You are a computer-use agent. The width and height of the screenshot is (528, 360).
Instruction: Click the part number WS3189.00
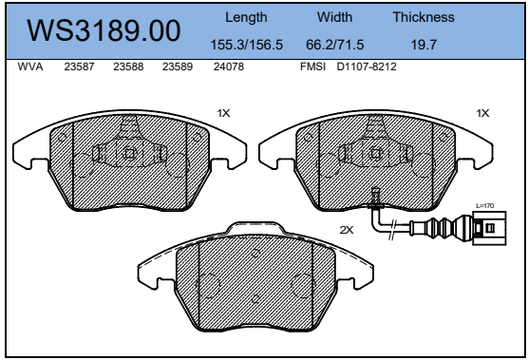(104, 30)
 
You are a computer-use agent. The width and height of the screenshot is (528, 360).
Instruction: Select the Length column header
(246, 17)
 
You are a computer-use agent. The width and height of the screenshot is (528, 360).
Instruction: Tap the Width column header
(334, 17)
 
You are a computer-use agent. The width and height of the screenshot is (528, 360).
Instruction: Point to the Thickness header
(424, 17)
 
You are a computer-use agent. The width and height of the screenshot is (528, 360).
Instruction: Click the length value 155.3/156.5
(247, 45)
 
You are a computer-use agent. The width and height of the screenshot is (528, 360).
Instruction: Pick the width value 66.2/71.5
(334, 45)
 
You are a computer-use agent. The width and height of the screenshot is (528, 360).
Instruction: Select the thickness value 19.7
(424, 45)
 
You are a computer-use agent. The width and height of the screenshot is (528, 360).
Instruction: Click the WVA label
(30, 66)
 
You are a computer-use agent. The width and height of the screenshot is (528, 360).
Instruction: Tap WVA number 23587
(79, 66)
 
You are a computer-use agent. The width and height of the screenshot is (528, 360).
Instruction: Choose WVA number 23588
(128, 66)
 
